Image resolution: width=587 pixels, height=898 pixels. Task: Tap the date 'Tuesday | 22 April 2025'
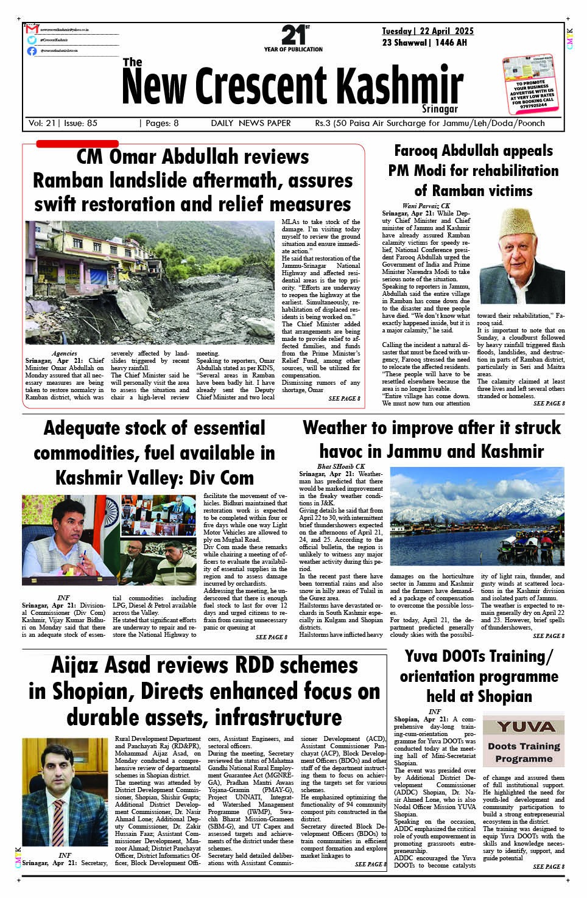[x=427, y=31]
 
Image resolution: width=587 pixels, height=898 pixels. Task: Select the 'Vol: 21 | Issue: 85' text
[x=63, y=123]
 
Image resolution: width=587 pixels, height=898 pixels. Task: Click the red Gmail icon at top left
[x=32, y=29]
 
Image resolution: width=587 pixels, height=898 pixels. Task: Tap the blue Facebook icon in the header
[x=32, y=51]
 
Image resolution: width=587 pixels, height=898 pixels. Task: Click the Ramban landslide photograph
[x=150, y=282]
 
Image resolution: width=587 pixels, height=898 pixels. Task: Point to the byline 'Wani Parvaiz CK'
[x=426, y=206]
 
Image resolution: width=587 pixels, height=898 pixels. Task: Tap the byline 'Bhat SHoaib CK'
[x=341, y=466]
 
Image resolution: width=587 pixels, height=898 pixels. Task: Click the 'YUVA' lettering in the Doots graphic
[x=525, y=727]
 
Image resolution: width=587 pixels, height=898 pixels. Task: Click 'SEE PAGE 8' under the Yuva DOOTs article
[x=548, y=866]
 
